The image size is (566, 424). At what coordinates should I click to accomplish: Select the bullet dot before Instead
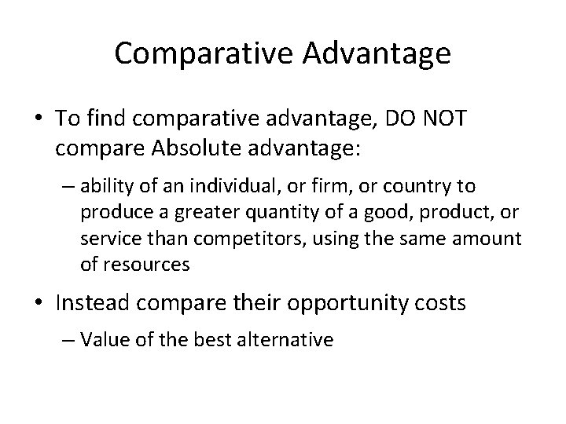point(39,303)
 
